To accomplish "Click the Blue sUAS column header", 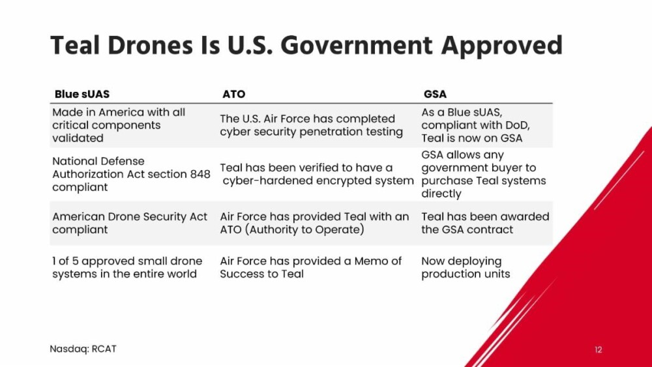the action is (x=82, y=94).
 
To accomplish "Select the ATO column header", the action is (x=233, y=94).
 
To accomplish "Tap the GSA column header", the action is (x=435, y=94).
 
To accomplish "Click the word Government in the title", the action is (x=357, y=46).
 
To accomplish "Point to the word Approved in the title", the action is (x=502, y=46).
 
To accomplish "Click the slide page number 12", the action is (x=599, y=349).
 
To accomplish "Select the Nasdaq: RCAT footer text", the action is (x=83, y=349).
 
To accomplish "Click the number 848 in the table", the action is (x=200, y=174).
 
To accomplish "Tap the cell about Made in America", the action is (x=119, y=125).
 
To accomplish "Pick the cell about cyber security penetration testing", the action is (x=312, y=125).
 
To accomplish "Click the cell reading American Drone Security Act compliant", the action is (x=130, y=223).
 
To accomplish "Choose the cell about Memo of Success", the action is (x=310, y=267).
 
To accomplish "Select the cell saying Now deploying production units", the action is (x=466, y=267).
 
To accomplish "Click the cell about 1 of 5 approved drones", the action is (x=127, y=267).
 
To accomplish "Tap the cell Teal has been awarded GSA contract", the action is (x=485, y=223).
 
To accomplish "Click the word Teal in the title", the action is (x=75, y=46).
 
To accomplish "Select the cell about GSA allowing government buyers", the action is (x=484, y=174).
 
